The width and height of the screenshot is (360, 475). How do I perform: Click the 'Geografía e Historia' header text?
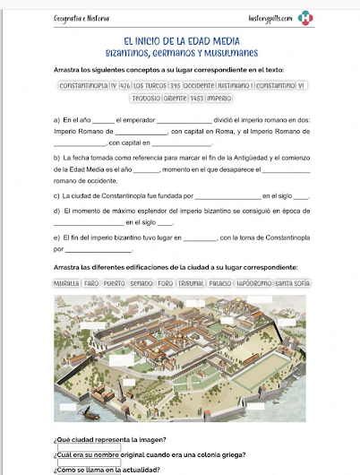[82, 18]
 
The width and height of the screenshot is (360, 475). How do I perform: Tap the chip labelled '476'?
[125, 86]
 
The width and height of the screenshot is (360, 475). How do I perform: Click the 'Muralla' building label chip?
[66, 283]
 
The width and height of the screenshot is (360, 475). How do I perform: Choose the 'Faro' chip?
[91, 283]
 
